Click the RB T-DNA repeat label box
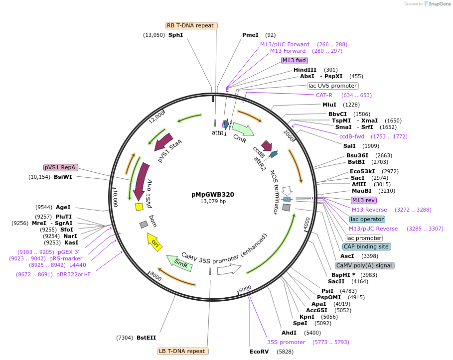tap(191, 25)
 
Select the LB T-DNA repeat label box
tap(183, 351)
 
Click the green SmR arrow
tap(179, 263)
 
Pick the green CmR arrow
tap(243, 131)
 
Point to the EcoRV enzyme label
tap(259, 352)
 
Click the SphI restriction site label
tap(175, 35)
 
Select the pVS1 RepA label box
tap(63, 168)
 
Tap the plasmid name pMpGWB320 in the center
tap(213, 195)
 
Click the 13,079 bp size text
tap(213, 202)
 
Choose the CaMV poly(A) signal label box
tap(365, 265)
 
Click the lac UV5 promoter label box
tap(332, 86)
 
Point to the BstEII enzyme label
tap(146, 338)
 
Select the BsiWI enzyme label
tap(63, 177)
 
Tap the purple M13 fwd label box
tap(294, 60)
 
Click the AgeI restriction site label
tap(63, 207)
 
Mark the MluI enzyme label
tap(329, 105)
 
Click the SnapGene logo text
tap(440, 3)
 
